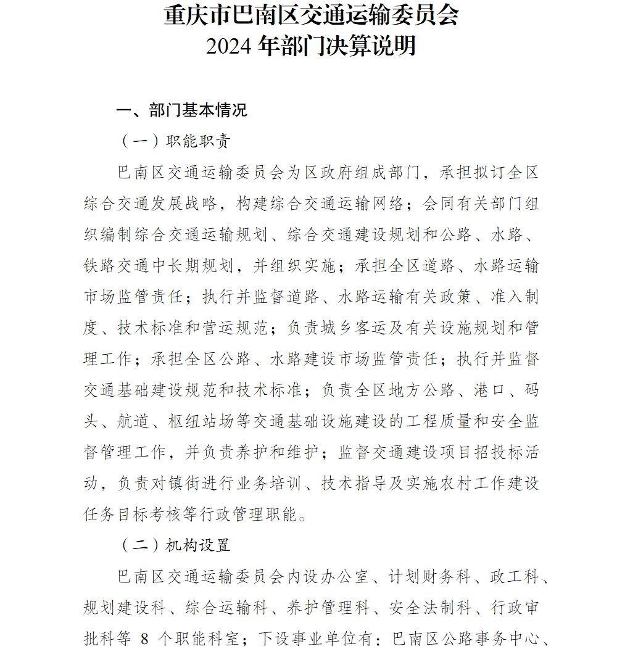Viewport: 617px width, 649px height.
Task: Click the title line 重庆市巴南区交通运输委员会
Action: [x=311, y=15]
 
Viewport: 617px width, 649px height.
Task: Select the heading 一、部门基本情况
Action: [x=181, y=110]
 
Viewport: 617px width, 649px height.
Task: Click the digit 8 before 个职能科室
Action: [x=144, y=639]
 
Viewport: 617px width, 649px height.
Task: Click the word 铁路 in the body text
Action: [x=101, y=266]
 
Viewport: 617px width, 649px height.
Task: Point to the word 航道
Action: [x=135, y=421]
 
